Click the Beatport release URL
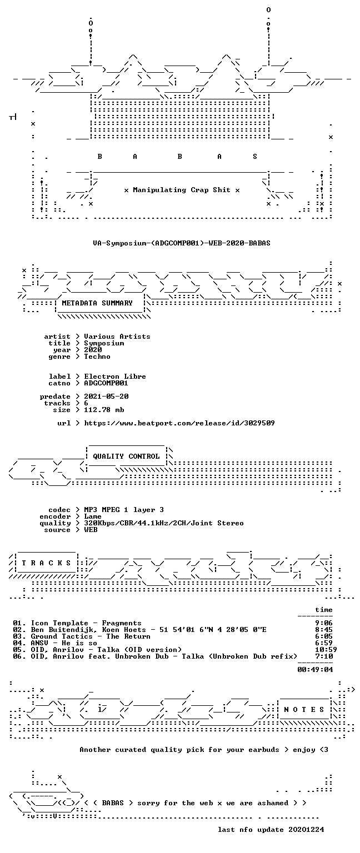click(179, 423)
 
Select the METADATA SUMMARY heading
click(97, 303)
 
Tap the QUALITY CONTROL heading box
click(126, 456)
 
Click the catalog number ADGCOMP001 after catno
click(106, 383)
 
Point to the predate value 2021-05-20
click(106, 397)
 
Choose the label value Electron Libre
click(114, 376)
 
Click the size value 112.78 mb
click(104, 410)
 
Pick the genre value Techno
click(97, 357)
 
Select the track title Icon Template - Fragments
click(86, 624)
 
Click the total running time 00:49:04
click(315, 670)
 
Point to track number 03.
click(19, 637)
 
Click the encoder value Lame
click(93, 516)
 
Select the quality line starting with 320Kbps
click(164, 523)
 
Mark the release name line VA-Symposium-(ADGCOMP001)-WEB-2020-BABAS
click(181, 243)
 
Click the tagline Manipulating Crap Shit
click(181, 190)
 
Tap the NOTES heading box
click(304, 709)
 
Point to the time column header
click(323, 610)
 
